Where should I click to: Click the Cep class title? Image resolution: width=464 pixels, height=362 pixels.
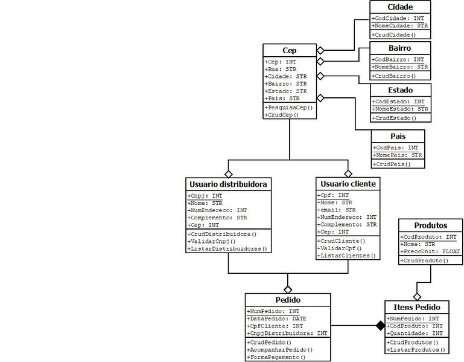tap(289, 50)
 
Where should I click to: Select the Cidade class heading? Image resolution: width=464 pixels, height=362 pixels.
tap(400, 7)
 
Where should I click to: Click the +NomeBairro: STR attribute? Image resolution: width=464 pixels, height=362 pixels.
tap(400, 66)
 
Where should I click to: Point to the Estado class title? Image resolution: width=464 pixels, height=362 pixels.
tap(400, 90)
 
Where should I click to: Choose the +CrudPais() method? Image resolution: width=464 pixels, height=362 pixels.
tap(392, 164)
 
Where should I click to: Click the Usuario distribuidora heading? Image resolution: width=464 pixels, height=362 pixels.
tap(228, 184)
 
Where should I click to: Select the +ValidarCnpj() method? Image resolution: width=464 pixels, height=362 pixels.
tap(215, 241)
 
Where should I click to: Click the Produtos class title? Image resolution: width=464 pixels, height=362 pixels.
tap(431, 225)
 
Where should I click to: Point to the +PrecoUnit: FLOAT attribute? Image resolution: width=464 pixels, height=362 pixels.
tap(430, 251)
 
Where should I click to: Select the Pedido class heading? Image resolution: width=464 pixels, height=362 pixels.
tap(288, 300)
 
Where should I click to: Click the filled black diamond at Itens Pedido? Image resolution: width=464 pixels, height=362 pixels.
tap(380, 326)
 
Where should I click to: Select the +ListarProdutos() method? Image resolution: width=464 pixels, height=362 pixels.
tap(416, 350)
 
